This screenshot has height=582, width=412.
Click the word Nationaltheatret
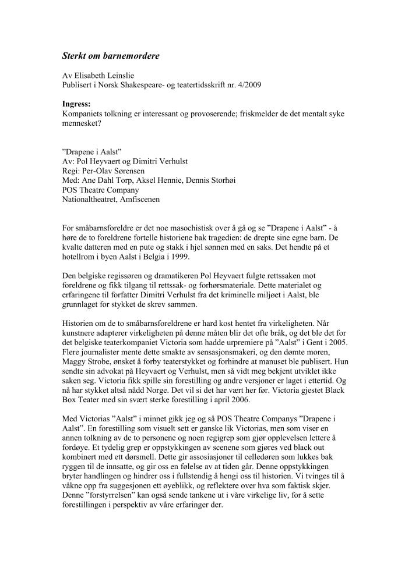(x=91, y=199)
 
